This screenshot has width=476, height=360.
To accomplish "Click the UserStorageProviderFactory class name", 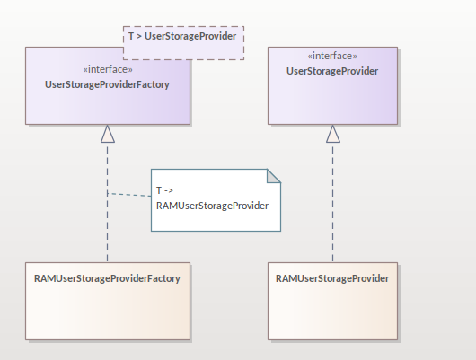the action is pos(107,84).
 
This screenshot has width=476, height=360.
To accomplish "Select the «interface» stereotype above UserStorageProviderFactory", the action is pos(108,69).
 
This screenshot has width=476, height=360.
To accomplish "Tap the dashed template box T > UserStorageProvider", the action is pos(183,43).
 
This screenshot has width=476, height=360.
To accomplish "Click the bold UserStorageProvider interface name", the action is pos(332,71).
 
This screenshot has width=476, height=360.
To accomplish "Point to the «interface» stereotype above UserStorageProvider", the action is pos(332,56).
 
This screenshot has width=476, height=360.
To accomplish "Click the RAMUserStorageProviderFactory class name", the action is pos(107,278).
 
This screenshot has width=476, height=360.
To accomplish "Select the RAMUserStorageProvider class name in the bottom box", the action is pos(332,278).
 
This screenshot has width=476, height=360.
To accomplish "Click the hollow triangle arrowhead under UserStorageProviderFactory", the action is pos(108,134).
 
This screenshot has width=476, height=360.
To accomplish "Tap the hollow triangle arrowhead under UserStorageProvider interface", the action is pos(333,134).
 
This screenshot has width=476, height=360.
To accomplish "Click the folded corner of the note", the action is pos(274,176).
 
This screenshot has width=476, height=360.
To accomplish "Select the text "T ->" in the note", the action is pos(164,190).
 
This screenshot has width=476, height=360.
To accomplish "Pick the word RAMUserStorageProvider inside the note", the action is pos(212,206).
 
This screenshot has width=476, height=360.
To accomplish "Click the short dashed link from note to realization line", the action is pos(129,195).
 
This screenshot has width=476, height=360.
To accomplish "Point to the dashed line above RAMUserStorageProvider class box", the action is pos(332,203).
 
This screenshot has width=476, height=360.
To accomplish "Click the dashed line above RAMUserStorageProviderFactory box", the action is pos(108,203).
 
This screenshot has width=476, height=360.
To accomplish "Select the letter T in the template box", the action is pos(131,36).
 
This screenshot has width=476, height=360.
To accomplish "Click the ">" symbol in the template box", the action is pos(139,37).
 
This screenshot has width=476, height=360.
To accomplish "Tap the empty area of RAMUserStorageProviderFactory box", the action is pos(108,312).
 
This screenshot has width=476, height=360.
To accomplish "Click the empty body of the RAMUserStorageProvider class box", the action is pos(332,312).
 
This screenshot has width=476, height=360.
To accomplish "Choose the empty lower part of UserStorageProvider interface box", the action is pos(332,101).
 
